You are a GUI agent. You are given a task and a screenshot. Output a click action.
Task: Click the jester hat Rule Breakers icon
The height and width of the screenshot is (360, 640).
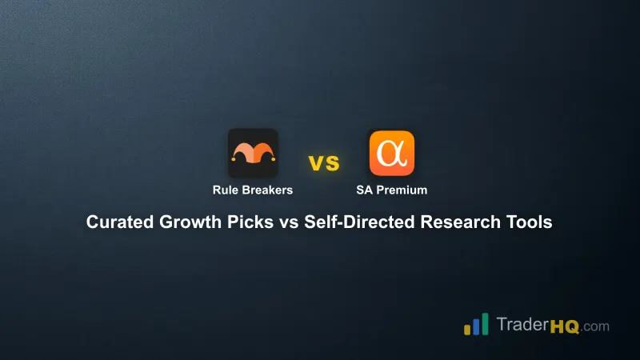[253, 153]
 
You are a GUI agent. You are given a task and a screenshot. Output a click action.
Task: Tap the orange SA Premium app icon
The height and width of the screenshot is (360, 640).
[392, 153]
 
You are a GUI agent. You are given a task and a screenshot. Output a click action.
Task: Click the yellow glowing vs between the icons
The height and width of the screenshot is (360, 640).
[324, 164]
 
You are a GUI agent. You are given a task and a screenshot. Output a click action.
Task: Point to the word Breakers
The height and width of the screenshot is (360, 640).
[267, 190]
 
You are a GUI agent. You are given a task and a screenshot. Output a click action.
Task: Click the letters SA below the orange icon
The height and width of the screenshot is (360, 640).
[364, 190]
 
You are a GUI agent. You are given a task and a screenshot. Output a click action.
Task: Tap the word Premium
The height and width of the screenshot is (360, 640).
[401, 190]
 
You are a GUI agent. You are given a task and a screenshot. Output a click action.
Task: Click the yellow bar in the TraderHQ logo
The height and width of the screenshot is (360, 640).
[467, 330]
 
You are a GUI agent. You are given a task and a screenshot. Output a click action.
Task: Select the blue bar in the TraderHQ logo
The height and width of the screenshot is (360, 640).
[476, 326]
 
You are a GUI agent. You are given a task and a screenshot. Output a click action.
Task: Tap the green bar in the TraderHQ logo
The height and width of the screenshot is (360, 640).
[486, 323]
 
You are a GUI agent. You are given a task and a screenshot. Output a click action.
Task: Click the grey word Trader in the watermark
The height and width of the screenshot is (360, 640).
[521, 326]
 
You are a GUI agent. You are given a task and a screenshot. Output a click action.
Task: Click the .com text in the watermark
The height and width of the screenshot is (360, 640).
[594, 326]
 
